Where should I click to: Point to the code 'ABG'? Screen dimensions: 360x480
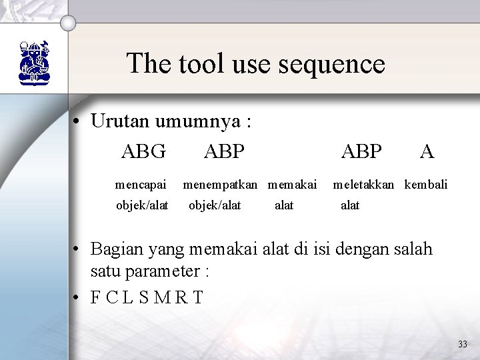coord(143,151)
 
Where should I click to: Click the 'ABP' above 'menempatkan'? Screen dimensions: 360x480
coord(224,151)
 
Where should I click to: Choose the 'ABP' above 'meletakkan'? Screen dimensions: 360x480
coord(361,151)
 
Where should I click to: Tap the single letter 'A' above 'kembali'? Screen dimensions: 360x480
coord(427,151)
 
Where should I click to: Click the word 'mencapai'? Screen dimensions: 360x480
coord(138,183)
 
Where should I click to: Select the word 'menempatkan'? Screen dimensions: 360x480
coord(223,183)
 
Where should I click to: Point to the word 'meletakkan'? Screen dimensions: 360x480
coord(366,183)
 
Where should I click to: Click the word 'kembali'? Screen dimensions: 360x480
coord(426,183)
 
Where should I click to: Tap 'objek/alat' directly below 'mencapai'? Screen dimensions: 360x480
coord(142,205)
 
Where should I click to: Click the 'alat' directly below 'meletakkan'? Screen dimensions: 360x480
coord(350,205)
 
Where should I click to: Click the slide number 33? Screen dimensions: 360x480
coord(463,344)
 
